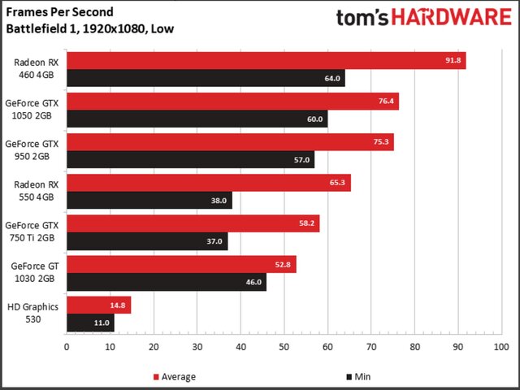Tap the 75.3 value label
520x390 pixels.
pyautogui.click(x=382, y=142)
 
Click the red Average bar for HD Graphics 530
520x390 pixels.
pyautogui.click(x=98, y=305)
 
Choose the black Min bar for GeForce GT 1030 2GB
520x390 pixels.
pyautogui.click(x=166, y=282)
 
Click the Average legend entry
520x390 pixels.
pyautogui.click(x=174, y=376)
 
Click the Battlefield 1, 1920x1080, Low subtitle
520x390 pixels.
pyautogui.click(x=90, y=28)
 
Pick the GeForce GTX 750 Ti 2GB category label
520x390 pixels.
pyautogui.click(x=33, y=230)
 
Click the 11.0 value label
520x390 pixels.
pyautogui.click(x=102, y=322)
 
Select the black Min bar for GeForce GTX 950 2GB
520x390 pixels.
pyautogui.click(x=190, y=159)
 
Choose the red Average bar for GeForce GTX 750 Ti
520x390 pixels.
pyautogui.click(x=193, y=223)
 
